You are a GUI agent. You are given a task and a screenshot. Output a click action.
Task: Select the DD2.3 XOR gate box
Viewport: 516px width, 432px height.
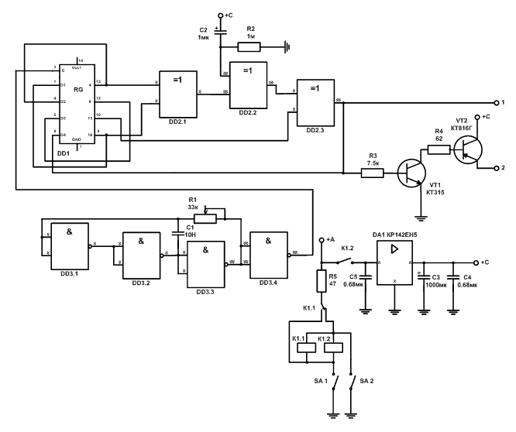coord(315,101)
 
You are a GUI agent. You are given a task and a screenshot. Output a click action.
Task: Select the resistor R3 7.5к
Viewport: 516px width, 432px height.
coord(372,173)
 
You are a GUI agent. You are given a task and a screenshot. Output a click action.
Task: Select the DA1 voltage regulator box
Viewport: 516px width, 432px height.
coord(395,262)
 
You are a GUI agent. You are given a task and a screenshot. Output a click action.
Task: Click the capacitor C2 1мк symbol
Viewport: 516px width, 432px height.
coord(220,33)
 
